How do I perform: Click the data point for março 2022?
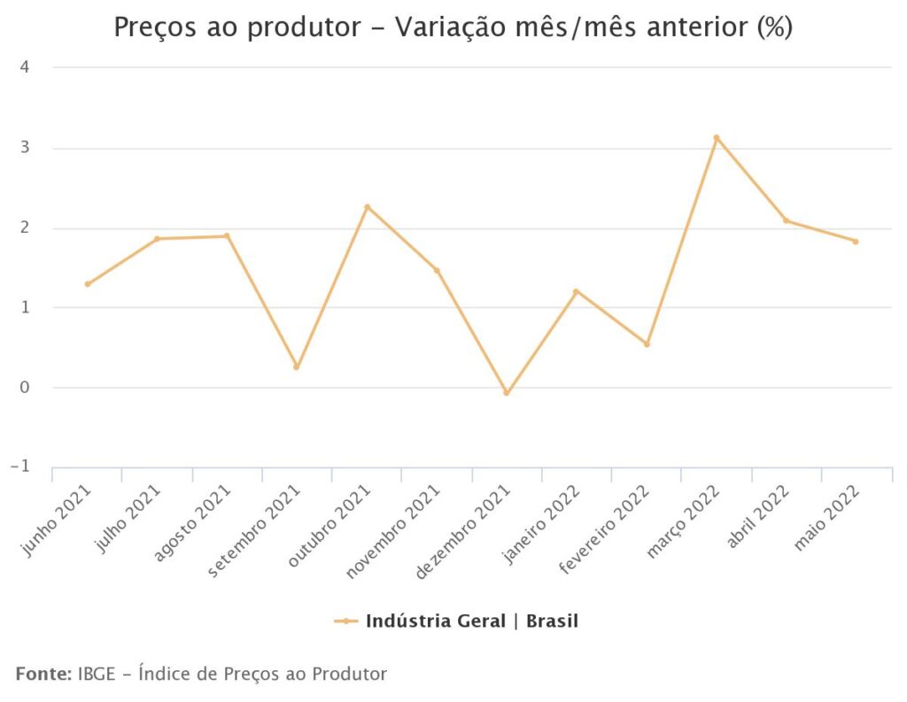[717, 138]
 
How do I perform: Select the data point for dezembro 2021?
[507, 392]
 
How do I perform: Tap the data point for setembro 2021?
[297, 366]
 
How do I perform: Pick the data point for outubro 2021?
[367, 207]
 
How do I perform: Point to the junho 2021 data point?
[87, 284]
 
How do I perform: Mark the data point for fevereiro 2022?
[647, 343]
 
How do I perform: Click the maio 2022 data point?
[856, 242]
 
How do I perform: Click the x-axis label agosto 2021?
[192, 523]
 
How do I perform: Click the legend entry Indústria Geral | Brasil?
[471, 621]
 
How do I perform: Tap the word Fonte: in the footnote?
[43, 674]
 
